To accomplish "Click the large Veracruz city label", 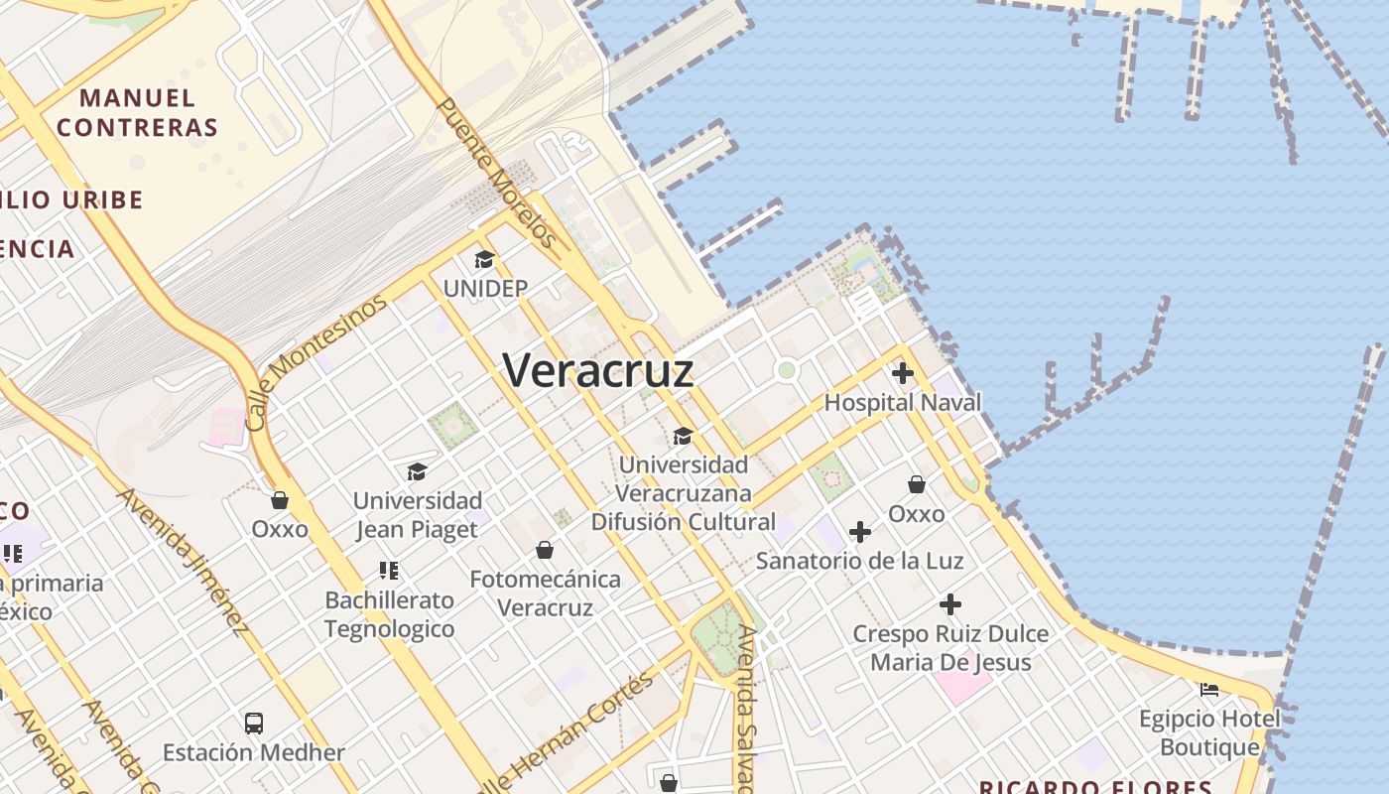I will tap(597, 370).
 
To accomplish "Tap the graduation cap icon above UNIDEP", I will tap(484, 260).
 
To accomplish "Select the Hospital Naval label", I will tap(902, 402).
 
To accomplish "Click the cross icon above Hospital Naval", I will tap(902, 374).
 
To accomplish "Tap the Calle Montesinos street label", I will tap(315, 362).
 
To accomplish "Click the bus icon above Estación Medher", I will tap(254, 724).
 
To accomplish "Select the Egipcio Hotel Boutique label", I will tap(1208, 732).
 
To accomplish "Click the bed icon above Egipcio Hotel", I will tap(1208, 690).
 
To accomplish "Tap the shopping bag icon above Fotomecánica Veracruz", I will tap(545, 550).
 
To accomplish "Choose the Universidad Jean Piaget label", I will tap(418, 514).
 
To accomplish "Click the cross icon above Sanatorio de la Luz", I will tap(860, 532).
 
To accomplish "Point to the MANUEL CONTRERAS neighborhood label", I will tap(137, 112).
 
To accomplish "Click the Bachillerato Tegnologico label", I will tap(390, 614).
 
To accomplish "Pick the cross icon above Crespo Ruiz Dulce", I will tap(949, 604).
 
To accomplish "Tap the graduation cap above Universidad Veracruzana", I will tap(683, 437).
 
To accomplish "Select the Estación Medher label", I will tap(254, 752).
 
